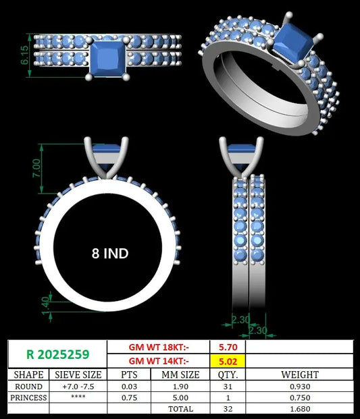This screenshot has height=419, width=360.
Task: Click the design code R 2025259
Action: coord(58,354)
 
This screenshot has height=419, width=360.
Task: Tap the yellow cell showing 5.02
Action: coord(228,361)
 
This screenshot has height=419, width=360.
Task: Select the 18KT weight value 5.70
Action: coord(228,347)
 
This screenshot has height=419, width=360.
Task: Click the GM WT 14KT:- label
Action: coord(159,361)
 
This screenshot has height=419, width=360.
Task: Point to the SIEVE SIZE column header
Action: coord(78,374)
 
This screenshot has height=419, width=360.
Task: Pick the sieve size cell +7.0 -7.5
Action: coord(78,387)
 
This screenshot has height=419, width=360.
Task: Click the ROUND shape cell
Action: coord(28,387)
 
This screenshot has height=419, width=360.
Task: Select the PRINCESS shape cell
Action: coord(28,397)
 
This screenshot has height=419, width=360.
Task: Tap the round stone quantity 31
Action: coord(228,387)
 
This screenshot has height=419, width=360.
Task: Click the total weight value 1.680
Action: coord(300,409)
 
